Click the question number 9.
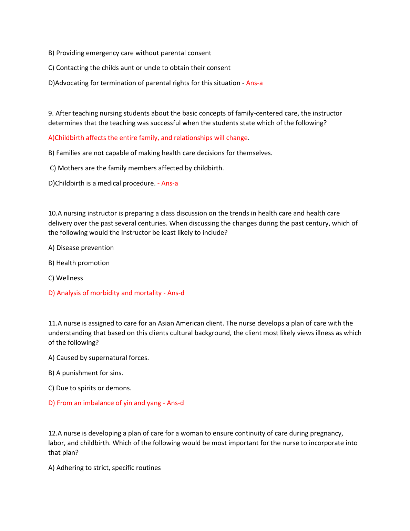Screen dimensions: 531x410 pyautogui.click(x=51, y=113)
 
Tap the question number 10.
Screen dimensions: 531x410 pyautogui.click(x=52, y=213)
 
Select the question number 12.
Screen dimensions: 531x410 pyautogui.click(x=52, y=433)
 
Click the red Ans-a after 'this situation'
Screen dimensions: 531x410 pyautogui.click(x=254, y=83)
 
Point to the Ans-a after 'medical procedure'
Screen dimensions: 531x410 pyautogui.click(x=170, y=183)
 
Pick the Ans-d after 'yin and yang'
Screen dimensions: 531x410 pyautogui.click(x=175, y=403)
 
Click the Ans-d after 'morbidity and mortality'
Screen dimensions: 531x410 pyautogui.click(x=176, y=293)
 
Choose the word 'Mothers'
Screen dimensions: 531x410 pyautogui.click(x=70, y=168)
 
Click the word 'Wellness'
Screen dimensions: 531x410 pyautogui.click(x=70, y=278)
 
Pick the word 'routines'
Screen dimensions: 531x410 pyautogui.click(x=148, y=468)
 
